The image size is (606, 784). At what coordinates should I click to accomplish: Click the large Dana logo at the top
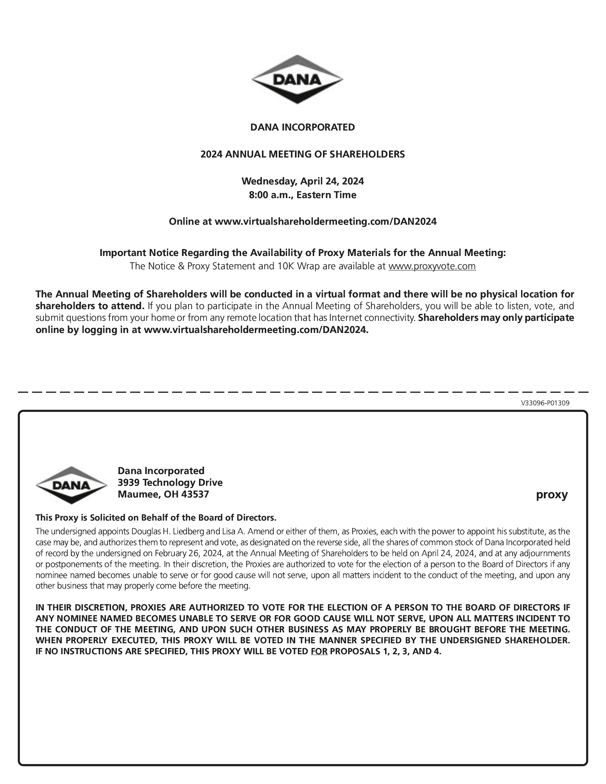[297, 79]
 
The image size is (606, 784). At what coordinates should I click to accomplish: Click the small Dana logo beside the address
[71, 485]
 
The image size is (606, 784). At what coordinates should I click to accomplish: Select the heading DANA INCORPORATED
[303, 127]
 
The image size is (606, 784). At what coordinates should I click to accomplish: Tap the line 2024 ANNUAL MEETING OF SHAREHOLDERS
[303, 154]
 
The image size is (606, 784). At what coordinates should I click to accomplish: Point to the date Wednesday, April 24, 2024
[303, 181]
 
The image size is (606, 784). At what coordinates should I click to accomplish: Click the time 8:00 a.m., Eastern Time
[303, 195]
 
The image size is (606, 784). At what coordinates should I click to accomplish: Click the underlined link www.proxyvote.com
[432, 267]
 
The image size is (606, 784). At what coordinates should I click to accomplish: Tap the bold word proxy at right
[552, 495]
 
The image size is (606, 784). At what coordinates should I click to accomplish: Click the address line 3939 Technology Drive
[170, 483]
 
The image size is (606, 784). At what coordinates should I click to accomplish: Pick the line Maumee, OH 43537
[163, 494]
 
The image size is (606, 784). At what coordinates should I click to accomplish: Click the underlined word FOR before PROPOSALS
[319, 652]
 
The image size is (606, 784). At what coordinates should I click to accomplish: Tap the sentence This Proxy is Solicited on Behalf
[156, 518]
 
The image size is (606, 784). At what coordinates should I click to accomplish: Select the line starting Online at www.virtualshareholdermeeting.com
[303, 222]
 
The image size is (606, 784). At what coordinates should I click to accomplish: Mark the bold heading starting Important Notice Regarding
[303, 253]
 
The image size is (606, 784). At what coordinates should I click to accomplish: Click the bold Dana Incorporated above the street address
[161, 471]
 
